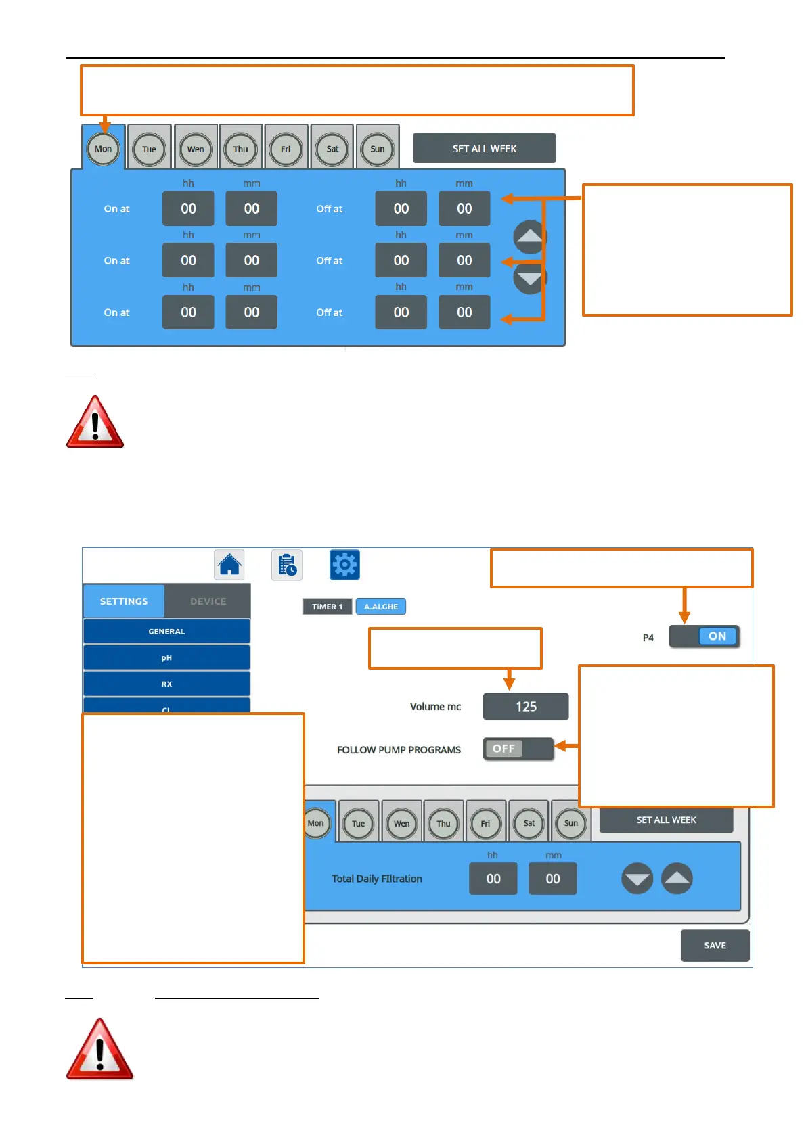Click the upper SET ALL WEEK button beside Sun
pos(484,149)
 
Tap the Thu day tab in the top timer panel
pos(240,149)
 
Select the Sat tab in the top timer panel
pos(332,149)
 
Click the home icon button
pos(229,565)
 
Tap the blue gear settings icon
pos(344,565)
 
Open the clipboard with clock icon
pos(287,565)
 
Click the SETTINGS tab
pos(124,601)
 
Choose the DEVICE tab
pos(208,601)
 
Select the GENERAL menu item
pos(166,631)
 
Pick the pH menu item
pos(166,657)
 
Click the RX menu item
pos(166,684)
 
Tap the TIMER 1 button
pos(327,607)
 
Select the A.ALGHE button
pos(381,607)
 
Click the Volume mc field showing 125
pos(526,707)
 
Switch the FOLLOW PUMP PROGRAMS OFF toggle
pos(518,749)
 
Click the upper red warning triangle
pos(95,423)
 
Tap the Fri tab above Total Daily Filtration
pos(485,823)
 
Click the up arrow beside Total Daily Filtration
pos(677,879)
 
